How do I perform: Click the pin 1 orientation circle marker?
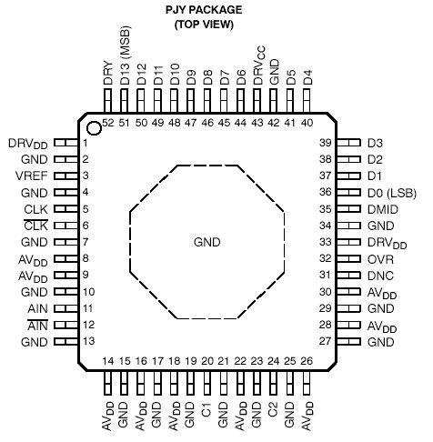[94, 126]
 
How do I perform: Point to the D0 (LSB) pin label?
[392, 192]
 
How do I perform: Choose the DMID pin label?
[384, 209]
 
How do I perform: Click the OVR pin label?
[380, 258]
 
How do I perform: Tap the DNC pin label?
[380, 275]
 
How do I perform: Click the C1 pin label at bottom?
[206, 397]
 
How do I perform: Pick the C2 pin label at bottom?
[272, 397]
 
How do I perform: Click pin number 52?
[108, 122]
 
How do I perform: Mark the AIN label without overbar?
[38, 308]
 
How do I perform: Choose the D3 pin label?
[375, 143]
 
